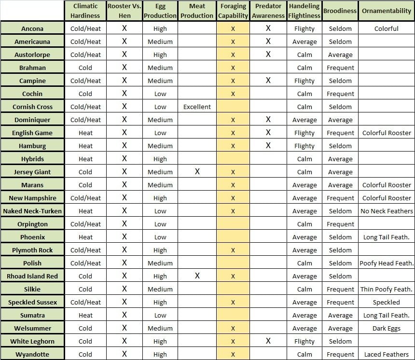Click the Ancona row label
(32, 28)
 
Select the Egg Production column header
(160, 11)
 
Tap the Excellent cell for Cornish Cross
(197, 107)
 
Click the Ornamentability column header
(386, 11)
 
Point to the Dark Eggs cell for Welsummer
(386, 328)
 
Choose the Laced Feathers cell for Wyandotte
(386, 354)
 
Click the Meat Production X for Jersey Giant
(197, 172)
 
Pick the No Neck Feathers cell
(387, 211)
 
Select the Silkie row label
(32, 289)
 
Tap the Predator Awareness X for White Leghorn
(268, 341)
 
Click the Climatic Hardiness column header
(85, 11)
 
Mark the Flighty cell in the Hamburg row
(304, 146)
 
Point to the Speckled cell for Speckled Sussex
(386, 302)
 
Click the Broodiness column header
(340, 11)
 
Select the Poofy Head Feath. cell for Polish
(387, 263)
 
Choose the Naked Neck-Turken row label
(32, 211)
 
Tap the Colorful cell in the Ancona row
(386, 28)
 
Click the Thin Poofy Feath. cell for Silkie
(387, 289)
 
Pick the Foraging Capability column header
(233, 11)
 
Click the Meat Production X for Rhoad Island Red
(197, 276)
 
